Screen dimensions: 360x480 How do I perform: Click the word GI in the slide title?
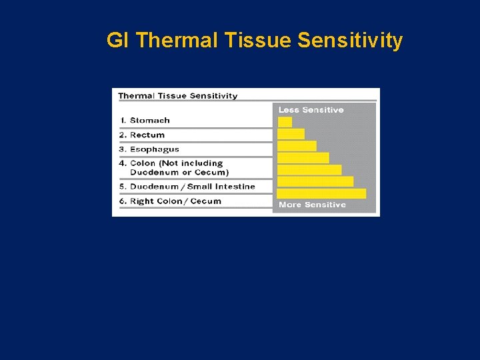point(117,41)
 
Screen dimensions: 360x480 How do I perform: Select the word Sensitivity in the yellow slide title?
point(350,41)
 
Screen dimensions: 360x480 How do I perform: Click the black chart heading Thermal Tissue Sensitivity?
point(177,96)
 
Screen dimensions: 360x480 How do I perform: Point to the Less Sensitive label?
point(311,110)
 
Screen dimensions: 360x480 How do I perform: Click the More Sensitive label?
point(312,205)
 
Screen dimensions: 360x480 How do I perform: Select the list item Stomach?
point(149,121)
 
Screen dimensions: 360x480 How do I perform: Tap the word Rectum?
point(147,135)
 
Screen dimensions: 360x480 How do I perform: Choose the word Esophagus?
point(154,150)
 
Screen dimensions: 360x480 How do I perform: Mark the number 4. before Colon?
point(123,163)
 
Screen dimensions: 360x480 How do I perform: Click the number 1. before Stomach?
point(123,121)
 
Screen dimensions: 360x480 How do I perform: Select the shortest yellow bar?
point(285,122)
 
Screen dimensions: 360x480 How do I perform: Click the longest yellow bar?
point(321,193)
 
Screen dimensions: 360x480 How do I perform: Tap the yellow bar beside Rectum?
point(291,134)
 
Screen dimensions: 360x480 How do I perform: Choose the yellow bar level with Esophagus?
point(297,146)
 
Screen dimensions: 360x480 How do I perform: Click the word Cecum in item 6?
point(206,201)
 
